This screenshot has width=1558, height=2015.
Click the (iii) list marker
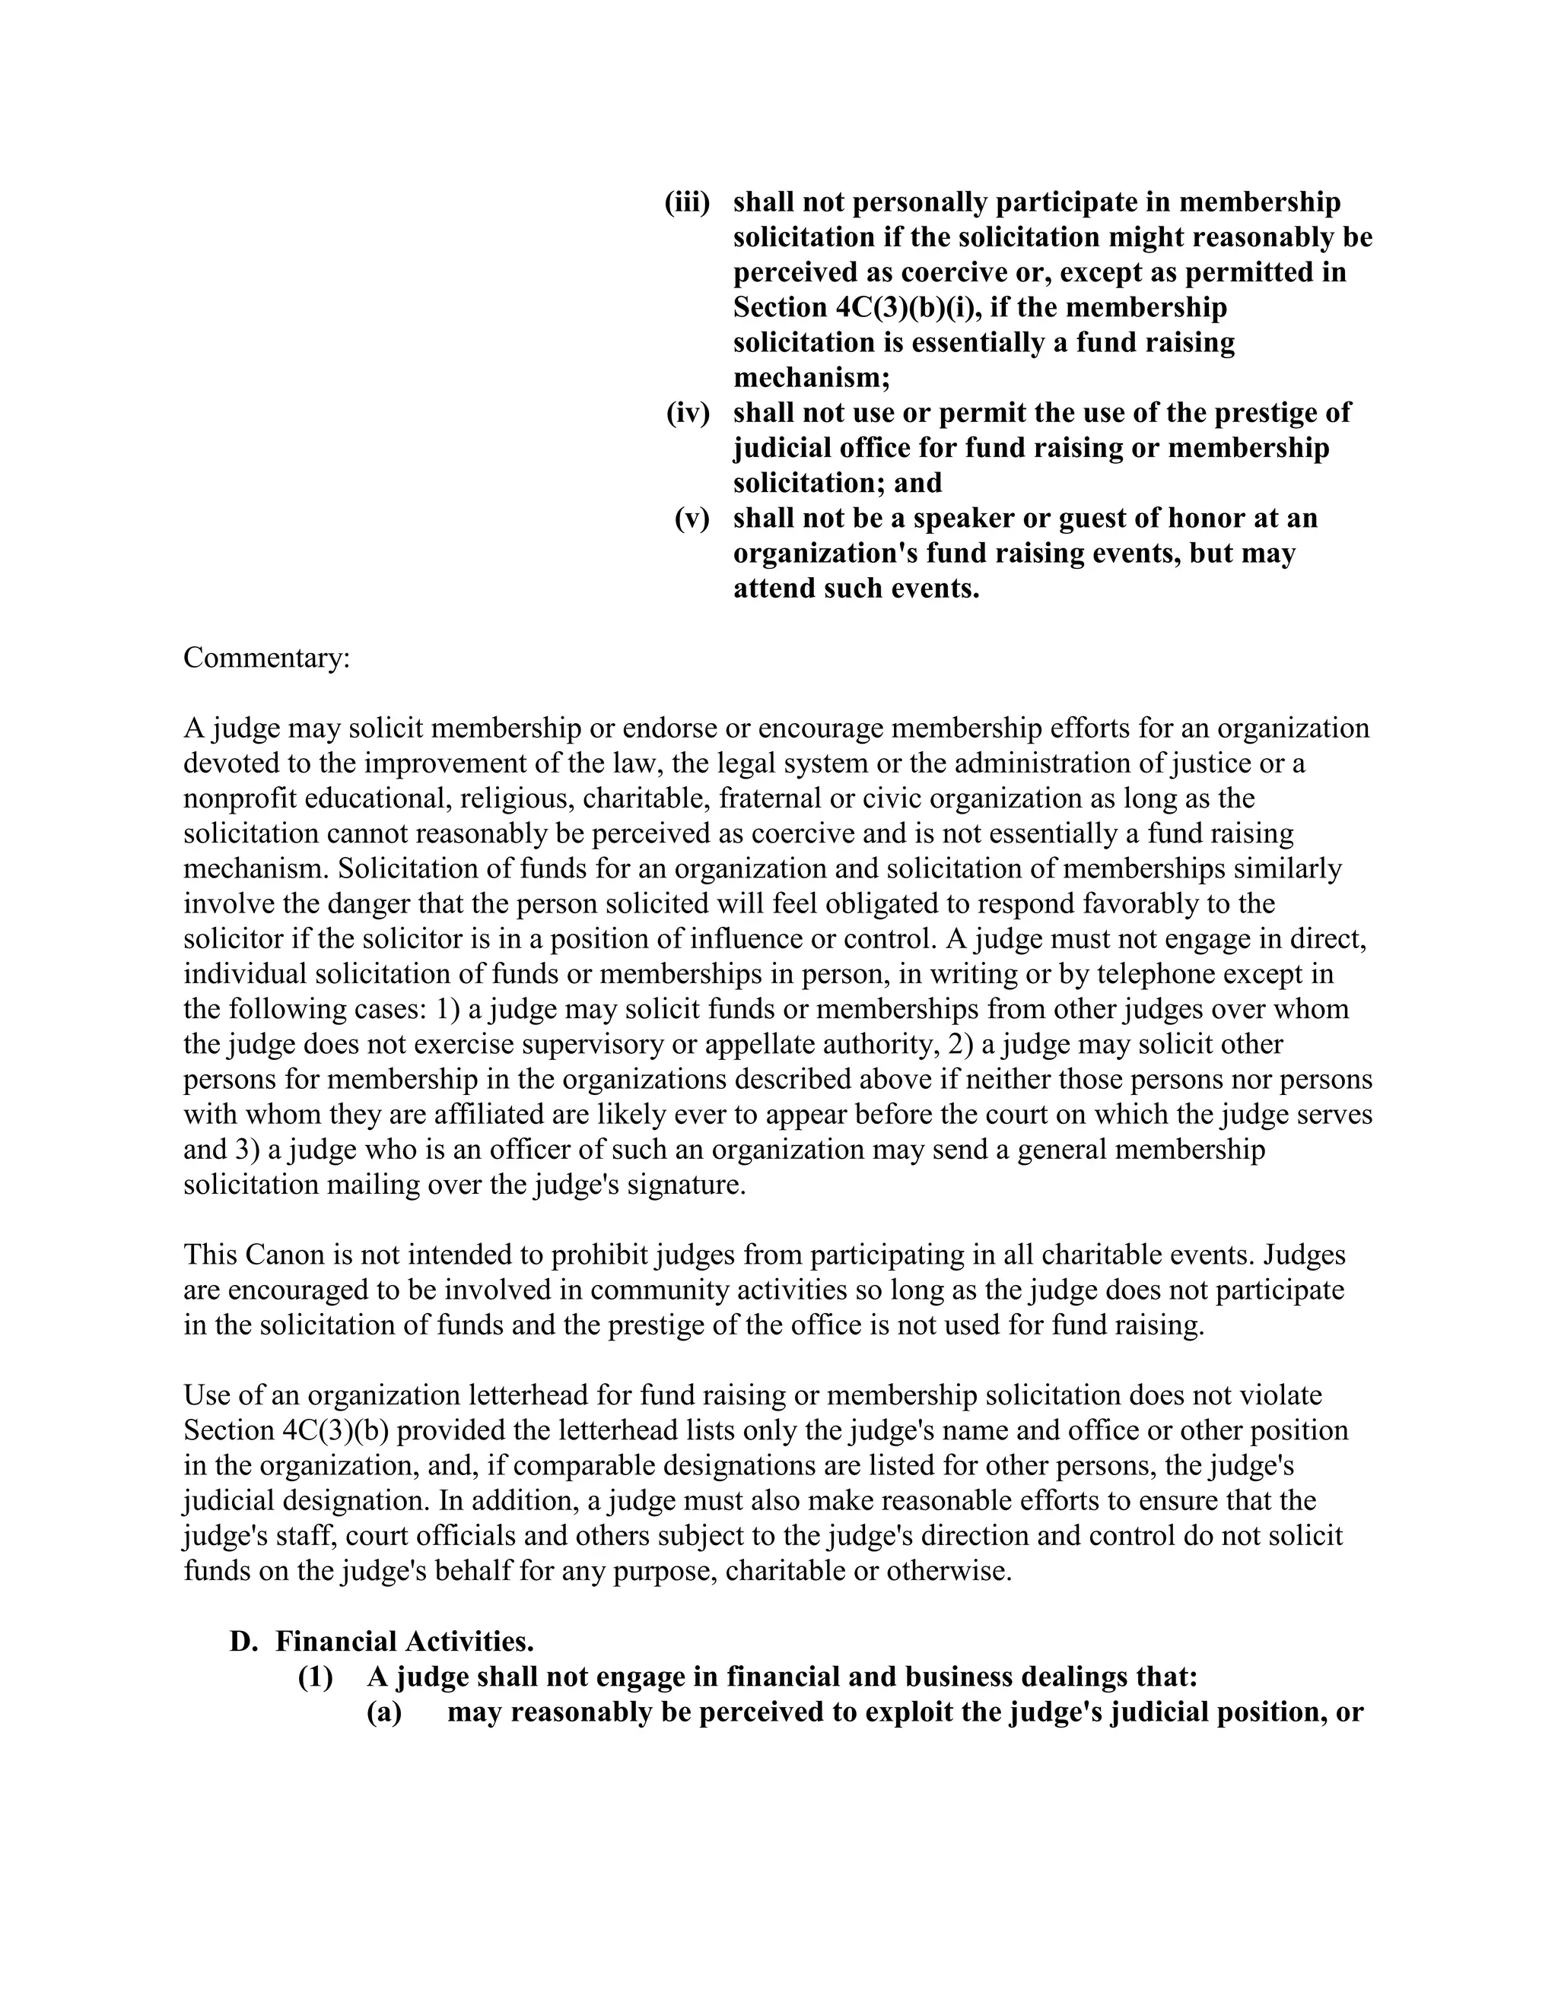[x=687, y=202]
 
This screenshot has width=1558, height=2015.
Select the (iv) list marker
[x=688, y=412]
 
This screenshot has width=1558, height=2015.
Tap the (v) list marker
[x=692, y=518]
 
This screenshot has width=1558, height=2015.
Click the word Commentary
[x=265, y=658]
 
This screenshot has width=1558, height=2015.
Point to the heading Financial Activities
[x=404, y=1642]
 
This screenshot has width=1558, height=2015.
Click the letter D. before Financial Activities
[x=242, y=1642]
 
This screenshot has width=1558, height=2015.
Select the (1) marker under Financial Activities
[x=315, y=1677]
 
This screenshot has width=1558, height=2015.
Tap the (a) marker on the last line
[x=384, y=1712]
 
